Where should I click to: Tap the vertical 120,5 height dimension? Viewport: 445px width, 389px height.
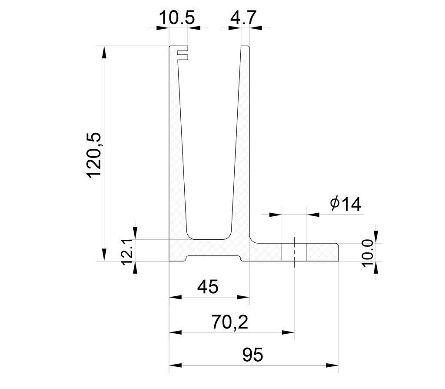point(94,154)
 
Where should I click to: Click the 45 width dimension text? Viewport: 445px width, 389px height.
point(208,287)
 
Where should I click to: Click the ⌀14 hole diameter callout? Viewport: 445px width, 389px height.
point(345,204)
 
